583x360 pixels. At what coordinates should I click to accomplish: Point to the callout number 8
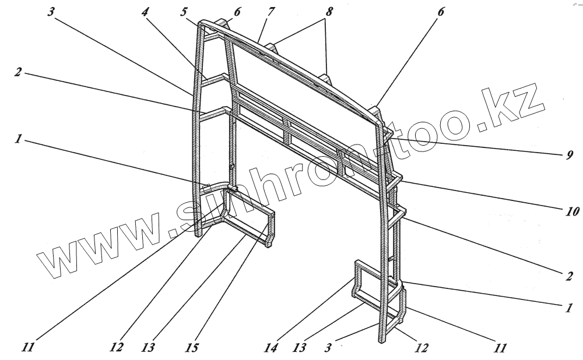pos(329,11)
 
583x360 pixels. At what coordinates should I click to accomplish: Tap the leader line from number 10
pos(484,195)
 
